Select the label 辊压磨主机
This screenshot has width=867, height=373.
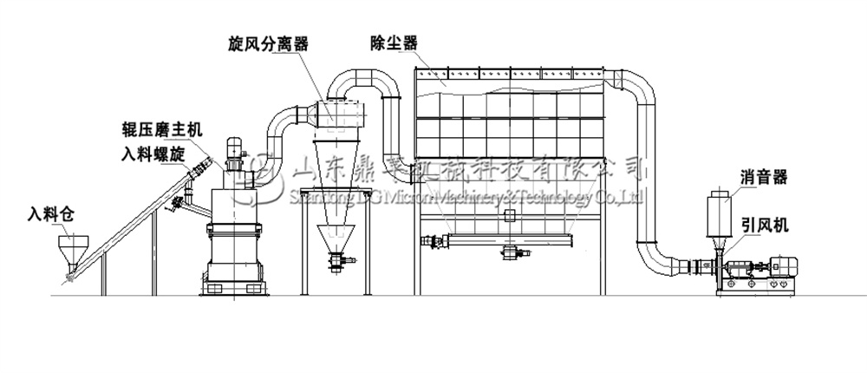coord(161,130)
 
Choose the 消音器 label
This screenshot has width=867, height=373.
coord(764,178)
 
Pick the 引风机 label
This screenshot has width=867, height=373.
coord(764,225)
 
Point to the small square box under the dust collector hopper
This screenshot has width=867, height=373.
coord(510,214)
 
